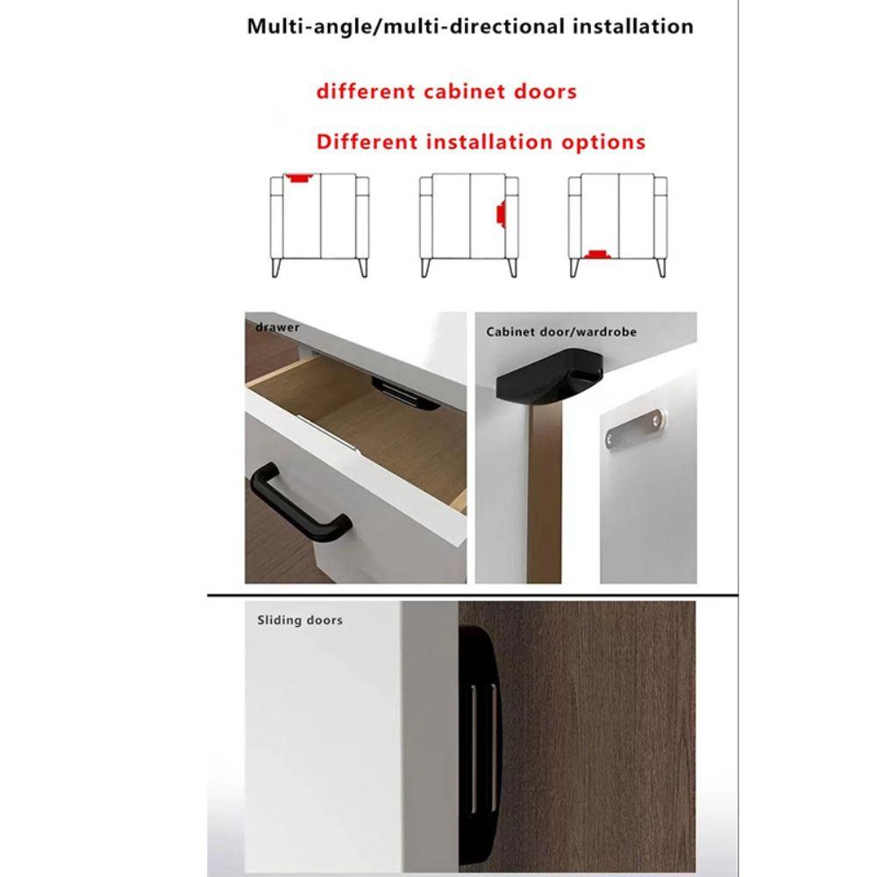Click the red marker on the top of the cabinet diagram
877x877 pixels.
tap(300, 178)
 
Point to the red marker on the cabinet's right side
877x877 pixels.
tap(499, 214)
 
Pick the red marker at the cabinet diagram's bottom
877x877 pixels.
tap(600, 254)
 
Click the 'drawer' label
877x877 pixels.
tap(277, 327)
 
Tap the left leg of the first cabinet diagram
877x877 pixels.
tap(276, 267)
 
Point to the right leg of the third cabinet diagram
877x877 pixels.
tap(655, 267)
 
